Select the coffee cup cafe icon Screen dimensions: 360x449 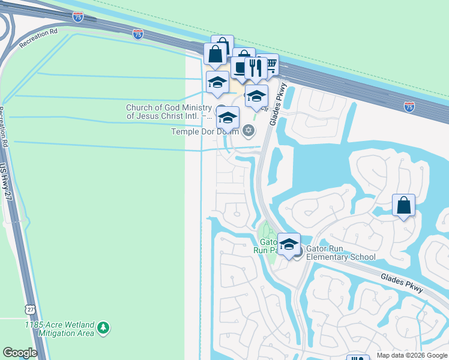point(241,67)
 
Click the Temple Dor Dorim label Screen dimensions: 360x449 point(206,131)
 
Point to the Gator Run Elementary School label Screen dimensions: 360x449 point(341,253)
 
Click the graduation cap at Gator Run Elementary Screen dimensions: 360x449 point(289,244)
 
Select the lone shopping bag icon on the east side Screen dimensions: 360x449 point(404,205)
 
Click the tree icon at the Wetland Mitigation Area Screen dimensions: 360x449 point(104,328)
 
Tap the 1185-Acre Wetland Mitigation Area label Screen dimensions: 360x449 point(59,328)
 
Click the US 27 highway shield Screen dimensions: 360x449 point(29,309)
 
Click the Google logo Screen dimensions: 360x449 point(20,353)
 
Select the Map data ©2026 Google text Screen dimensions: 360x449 point(412,355)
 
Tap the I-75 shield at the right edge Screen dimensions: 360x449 point(409,106)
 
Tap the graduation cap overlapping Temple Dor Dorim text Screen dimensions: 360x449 point(228,116)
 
